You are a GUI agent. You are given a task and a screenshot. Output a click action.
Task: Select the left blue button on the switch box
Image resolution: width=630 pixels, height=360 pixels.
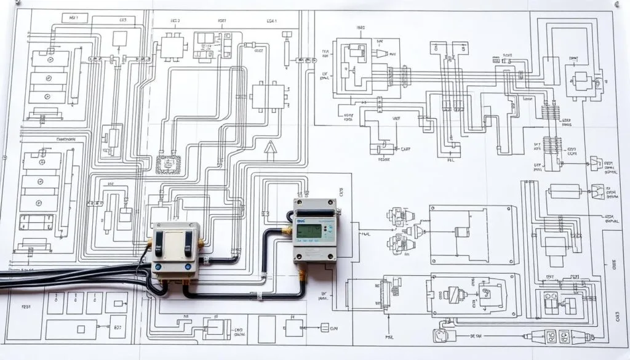tap(159, 267)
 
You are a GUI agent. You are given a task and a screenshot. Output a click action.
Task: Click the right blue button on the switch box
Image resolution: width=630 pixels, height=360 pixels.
tap(188, 267)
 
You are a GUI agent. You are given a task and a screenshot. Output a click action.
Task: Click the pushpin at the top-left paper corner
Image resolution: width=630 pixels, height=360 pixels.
tap(17, 4)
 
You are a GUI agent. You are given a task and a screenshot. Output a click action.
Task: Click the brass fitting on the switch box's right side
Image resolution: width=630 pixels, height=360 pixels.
tap(201, 242)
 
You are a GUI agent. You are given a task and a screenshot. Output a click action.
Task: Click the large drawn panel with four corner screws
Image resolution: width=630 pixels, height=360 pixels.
tap(471, 234)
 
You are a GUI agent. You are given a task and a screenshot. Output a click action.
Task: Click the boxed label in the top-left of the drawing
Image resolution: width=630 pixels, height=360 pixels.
tap(71, 18)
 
